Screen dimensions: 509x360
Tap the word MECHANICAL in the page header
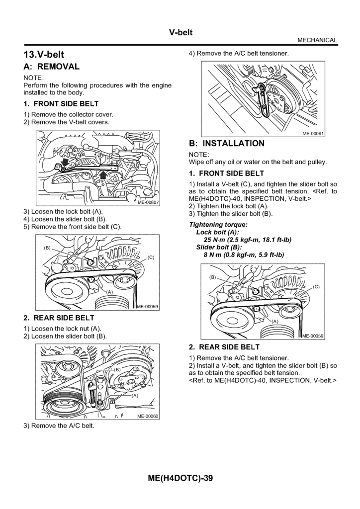point(317,40)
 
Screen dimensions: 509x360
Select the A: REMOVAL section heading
point(51,66)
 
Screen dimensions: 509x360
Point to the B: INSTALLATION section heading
point(227,143)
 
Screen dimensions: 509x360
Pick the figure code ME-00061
point(313,133)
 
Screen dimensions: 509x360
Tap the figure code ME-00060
point(147,417)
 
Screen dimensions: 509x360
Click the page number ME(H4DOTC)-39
point(180,478)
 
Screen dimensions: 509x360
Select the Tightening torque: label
point(215,225)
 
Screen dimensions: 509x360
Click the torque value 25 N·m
point(208,240)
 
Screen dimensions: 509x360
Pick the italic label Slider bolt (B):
point(219,247)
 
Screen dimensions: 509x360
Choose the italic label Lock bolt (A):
point(218,232)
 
